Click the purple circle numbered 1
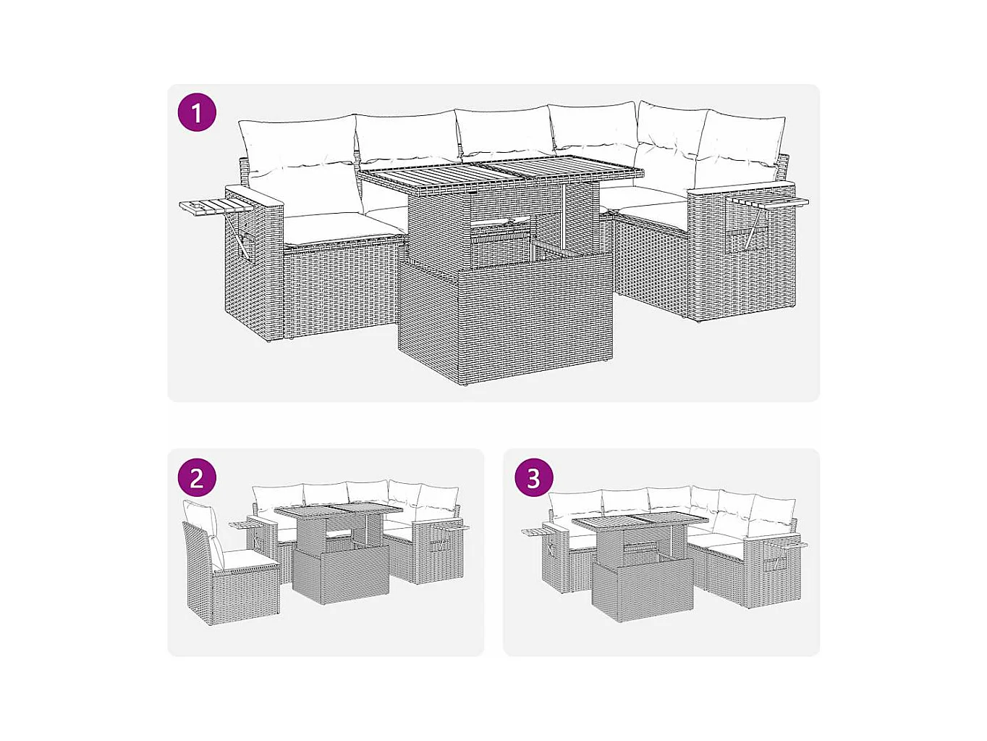197,112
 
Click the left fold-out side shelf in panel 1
215,207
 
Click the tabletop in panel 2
338,512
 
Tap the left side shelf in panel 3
538,532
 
